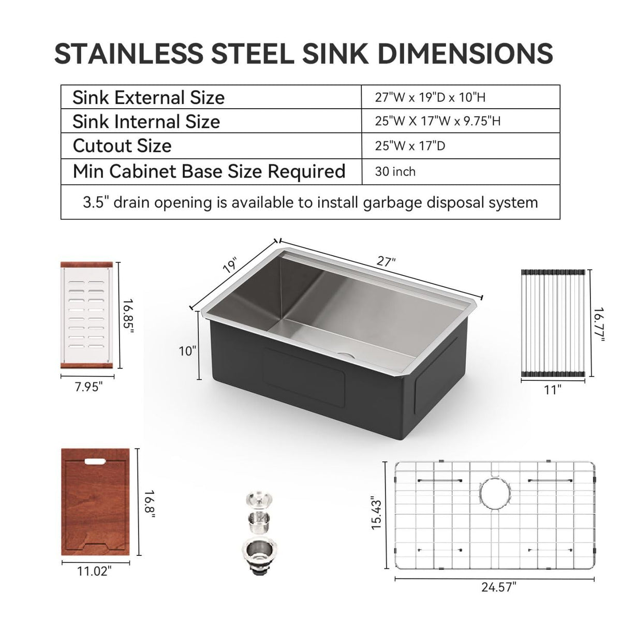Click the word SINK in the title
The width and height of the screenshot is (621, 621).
pyautogui.click(x=335, y=53)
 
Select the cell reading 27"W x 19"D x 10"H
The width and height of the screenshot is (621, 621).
pyautogui.click(x=430, y=97)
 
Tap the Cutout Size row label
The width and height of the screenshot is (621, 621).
pyautogui.click(x=122, y=145)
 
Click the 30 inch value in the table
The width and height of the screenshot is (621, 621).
pyautogui.click(x=395, y=171)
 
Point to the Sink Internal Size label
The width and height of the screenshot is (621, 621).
pyautogui.click(x=146, y=122)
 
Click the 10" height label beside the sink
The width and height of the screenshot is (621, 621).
pyautogui.click(x=187, y=351)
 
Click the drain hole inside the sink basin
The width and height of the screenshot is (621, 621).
pyautogui.click(x=345, y=355)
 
